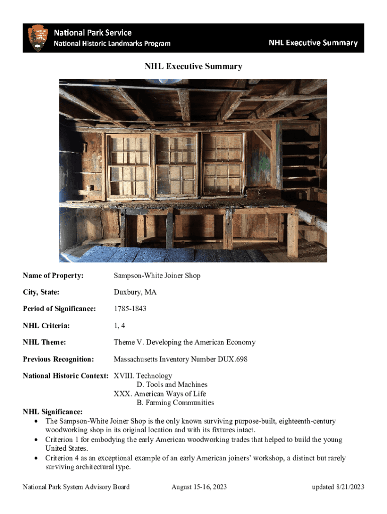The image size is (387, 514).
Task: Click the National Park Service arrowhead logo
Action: click(x=38, y=38)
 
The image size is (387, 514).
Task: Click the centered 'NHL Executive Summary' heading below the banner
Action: click(x=193, y=66)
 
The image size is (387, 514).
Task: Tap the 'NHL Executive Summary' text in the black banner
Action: click(x=313, y=43)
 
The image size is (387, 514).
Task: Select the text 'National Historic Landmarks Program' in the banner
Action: click(x=112, y=44)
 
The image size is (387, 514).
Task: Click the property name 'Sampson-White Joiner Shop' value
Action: click(x=157, y=276)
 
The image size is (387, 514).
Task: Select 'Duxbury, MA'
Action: click(x=135, y=292)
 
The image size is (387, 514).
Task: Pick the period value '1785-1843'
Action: click(x=130, y=309)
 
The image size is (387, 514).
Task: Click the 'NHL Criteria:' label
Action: click(x=46, y=326)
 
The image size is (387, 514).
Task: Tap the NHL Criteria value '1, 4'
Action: click(x=120, y=326)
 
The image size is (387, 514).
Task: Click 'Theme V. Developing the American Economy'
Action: click(x=184, y=342)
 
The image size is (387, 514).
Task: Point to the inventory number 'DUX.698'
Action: click(x=233, y=359)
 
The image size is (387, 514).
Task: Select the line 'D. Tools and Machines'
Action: click(x=172, y=384)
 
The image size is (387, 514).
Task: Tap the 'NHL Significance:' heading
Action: click(x=53, y=412)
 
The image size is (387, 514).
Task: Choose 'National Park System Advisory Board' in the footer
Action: click(x=76, y=487)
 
